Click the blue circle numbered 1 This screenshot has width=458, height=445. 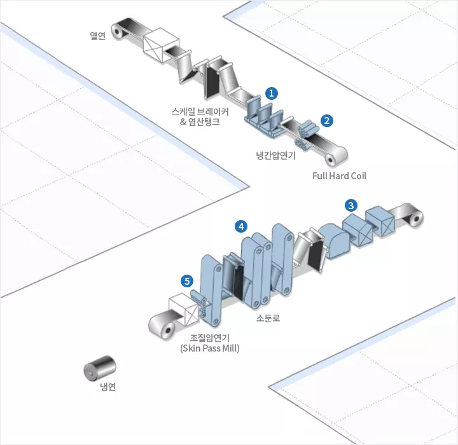[272, 93]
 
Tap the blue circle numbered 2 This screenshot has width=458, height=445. [326, 121]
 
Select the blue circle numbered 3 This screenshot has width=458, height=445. [350, 205]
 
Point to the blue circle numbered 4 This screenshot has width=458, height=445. [241, 226]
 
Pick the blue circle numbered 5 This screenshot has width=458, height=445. [187, 281]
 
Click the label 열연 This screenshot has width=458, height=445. [97, 36]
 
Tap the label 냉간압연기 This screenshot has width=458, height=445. [276, 155]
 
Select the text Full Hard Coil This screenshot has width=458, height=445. [339, 176]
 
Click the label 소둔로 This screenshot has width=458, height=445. [268, 318]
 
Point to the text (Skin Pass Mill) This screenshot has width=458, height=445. [210, 348]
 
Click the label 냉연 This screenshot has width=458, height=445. [108, 387]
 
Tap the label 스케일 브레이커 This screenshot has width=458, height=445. [200, 111]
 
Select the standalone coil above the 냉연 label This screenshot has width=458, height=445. [100, 368]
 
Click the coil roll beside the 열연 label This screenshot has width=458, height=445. [118, 31]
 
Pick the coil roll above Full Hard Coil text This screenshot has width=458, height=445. [336, 156]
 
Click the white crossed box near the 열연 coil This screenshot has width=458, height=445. [161, 44]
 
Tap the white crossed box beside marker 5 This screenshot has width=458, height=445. [184, 309]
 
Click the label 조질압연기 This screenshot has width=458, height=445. [210, 338]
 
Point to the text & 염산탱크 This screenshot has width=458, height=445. [200, 121]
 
